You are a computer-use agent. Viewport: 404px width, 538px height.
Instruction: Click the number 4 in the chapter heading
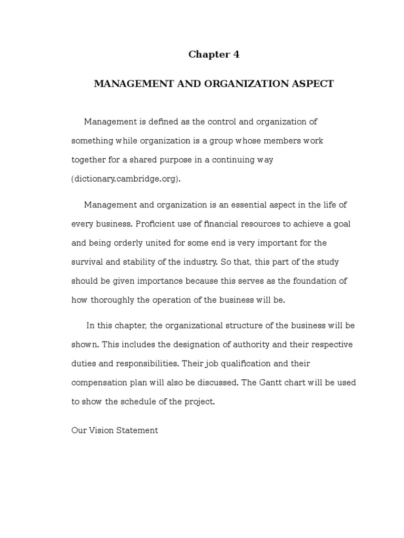tap(236, 55)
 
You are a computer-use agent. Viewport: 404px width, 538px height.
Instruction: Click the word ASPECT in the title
tap(313, 84)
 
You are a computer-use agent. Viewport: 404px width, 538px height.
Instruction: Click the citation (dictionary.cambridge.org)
tap(126, 179)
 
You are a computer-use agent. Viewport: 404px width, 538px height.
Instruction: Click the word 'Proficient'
tap(156, 224)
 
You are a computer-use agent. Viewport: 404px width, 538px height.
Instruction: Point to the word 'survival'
tap(88, 262)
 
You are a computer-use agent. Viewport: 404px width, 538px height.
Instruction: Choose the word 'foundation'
tap(321, 281)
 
